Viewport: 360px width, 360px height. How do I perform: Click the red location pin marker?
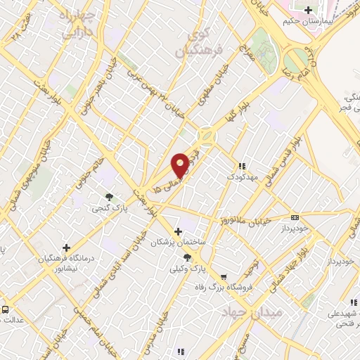tap(181, 165)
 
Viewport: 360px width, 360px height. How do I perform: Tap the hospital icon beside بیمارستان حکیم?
tap(308, 10)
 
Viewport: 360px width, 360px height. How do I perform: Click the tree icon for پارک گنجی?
tap(109, 198)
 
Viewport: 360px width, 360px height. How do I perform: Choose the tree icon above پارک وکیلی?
tap(186, 258)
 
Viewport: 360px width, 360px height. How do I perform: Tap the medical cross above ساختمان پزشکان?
tap(179, 231)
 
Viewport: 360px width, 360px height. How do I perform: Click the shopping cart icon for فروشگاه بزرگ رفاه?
tap(223, 277)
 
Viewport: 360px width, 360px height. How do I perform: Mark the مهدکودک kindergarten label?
tap(242, 176)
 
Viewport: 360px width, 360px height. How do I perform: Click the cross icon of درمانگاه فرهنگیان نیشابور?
tap(66, 247)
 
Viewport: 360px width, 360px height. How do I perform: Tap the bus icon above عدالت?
tap(6, 309)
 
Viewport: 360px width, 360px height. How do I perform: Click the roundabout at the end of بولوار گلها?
tap(205, 135)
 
